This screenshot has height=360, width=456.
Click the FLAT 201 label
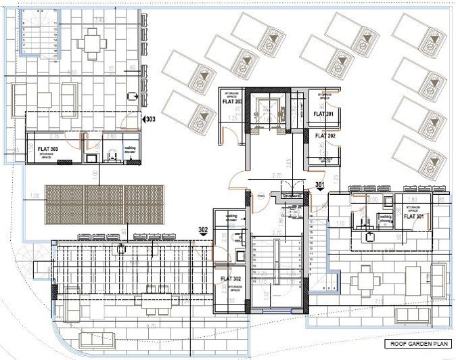click(324, 115)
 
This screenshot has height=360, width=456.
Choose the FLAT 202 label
click(325, 136)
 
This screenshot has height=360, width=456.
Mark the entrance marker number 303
click(150, 120)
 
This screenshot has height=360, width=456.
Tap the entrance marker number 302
click(203, 230)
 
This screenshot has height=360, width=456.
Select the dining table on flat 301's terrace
click(365, 277)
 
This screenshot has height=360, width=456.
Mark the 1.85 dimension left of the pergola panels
click(35, 197)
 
